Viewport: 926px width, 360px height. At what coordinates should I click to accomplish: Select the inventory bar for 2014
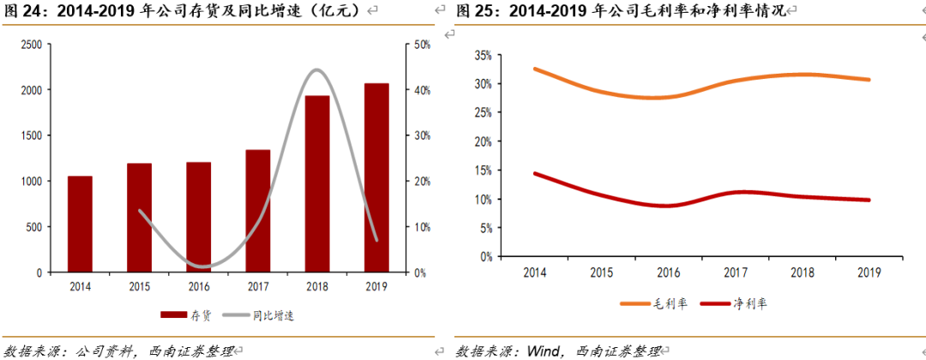point(80,224)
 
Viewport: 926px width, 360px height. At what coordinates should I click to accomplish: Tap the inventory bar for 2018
point(317,183)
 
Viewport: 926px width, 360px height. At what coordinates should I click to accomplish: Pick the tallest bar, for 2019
point(376,177)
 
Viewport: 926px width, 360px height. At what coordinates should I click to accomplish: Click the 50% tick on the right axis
point(422,44)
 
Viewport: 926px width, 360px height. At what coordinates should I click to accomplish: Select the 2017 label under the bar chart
point(257,286)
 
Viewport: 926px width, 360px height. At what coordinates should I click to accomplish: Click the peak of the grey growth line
point(316,69)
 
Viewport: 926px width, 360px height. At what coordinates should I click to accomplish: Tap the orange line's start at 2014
point(534,69)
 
